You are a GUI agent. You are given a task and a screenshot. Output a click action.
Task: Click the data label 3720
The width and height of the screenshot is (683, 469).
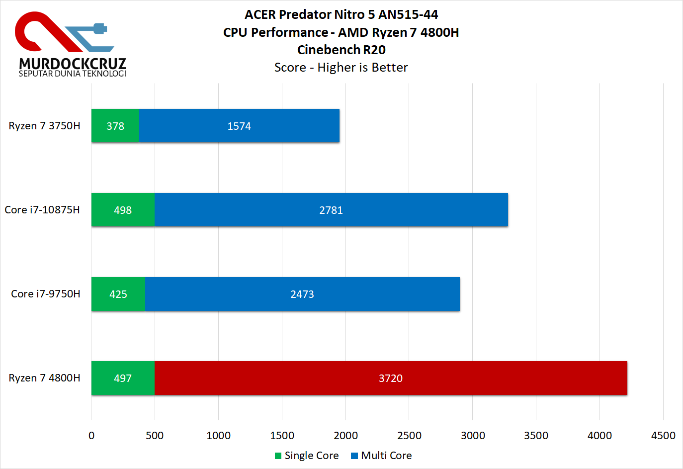[391, 378]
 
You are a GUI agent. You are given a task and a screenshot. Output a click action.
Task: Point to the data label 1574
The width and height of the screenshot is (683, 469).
[239, 126]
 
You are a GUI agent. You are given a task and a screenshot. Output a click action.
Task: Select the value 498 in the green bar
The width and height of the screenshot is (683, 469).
[123, 210]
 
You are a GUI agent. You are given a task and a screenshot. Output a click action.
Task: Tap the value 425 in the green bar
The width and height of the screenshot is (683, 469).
[118, 294]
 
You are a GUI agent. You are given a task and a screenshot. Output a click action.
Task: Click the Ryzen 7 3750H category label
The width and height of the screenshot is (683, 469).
[44, 126]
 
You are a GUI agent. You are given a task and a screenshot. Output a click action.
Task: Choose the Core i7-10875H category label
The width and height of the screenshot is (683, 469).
[42, 210]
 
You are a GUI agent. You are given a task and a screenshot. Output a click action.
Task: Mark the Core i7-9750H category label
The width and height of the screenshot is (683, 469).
[45, 294]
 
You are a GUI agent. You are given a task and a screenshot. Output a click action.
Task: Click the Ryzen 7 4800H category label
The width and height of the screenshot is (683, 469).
[44, 378]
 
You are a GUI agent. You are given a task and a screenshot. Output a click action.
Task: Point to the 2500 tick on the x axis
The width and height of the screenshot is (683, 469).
[409, 436]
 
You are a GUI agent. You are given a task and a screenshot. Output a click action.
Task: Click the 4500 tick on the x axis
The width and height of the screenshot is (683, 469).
[663, 436]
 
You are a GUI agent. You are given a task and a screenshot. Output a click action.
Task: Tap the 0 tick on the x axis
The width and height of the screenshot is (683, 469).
[91, 436]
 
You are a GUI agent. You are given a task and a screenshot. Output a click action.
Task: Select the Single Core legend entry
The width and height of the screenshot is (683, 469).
[307, 456]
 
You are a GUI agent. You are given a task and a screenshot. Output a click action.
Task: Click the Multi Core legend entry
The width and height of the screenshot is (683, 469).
[381, 456]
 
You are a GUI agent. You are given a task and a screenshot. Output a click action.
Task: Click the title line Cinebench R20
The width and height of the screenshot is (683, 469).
[341, 50]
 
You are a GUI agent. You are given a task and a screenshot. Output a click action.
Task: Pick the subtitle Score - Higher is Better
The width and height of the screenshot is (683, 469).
[341, 67]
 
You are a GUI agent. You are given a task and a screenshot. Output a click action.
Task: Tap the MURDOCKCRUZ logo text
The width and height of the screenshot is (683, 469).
[73, 64]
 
